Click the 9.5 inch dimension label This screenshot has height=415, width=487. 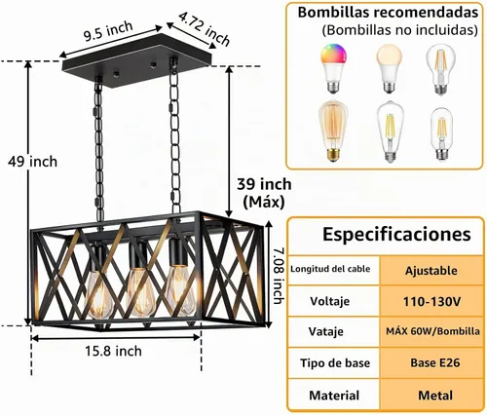pyautogui.click(x=108, y=31)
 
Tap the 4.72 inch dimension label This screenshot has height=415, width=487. pyautogui.click(x=205, y=28)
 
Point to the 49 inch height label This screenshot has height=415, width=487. pyautogui.click(x=32, y=162)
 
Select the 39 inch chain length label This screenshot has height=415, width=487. pyautogui.click(x=264, y=184)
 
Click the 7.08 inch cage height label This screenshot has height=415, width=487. pyautogui.click(x=278, y=276)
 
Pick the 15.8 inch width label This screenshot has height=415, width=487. pyautogui.click(x=113, y=351)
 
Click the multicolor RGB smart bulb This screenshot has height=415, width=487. pyautogui.click(x=333, y=68)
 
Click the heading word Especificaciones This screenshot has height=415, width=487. pyautogui.click(x=396, y=235)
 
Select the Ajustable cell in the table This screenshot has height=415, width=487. pyautogui.click(x=431, y=271)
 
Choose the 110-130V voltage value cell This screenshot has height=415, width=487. pyautogui.click(x=431, y=302)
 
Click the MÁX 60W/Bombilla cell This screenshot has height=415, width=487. pyautogui.click(x=431, y=331)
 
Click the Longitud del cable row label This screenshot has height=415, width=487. pyautogui.click(x=330, y=269)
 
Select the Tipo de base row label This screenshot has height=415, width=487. pyautogui.click(x=335, y=363)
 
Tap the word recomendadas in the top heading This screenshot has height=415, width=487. pyautogui.click(x=426, y=13)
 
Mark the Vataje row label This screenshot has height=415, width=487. pyautogui.click(x=325, y=331)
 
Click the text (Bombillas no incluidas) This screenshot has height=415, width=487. pyautogui.click(x=399, y=30)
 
